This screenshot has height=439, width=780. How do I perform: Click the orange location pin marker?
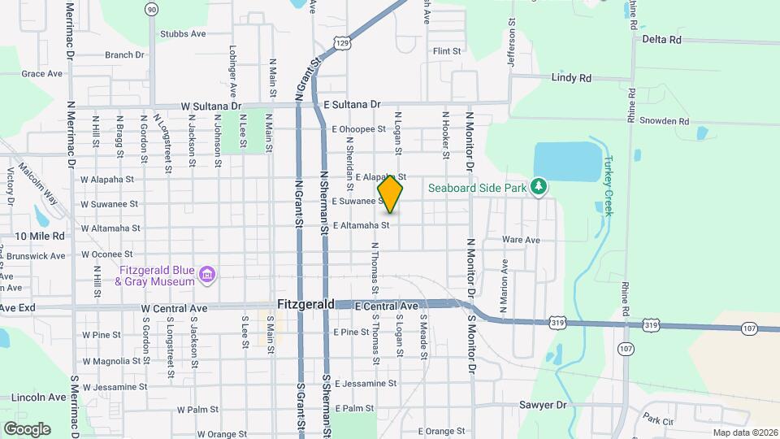coord(390,193)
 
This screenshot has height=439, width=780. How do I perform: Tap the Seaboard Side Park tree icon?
coord(538,187)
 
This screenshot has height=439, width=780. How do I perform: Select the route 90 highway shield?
coord(152,9)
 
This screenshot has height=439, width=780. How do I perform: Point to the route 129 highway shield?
coord(344,41)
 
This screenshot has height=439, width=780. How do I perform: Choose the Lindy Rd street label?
coord(571,78)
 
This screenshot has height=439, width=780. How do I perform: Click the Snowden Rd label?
coord(664,121)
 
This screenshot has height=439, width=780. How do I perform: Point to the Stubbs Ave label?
coord(183,33)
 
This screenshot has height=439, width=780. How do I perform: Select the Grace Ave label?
coord(42,73)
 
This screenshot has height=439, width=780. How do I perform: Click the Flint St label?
coord(447,51)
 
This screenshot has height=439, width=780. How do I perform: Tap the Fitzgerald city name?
coord(305,304)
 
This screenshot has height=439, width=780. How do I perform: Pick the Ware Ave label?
coord(521,240)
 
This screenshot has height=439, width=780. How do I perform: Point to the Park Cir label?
coord(658,421)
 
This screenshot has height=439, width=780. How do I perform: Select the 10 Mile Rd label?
coord(39,236)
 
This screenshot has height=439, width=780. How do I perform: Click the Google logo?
coord(26,428)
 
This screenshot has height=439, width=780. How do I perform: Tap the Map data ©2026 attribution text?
coord(744,432)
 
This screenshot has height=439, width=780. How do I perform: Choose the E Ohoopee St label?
coord(358,128)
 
